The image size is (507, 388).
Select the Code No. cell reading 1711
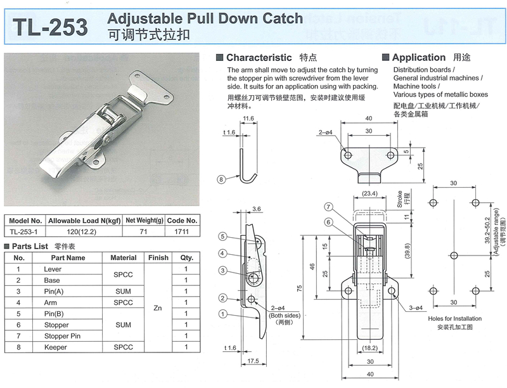click(x=183, y=231)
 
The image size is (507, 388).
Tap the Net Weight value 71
click(x=144, y=231)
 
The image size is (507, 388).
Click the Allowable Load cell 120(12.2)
click(x=84, y=231)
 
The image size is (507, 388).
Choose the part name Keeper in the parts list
click(x=55, y=347)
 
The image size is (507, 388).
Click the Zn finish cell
click(x=158, y=309)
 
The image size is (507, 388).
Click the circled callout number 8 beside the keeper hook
click(x=221, y=179)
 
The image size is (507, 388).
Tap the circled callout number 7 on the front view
click(x=328, y=207)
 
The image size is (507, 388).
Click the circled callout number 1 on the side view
click(x=223, y=314)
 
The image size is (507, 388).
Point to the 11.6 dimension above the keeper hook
click(x=247, y=119)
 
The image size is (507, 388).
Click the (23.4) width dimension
click(x=370, y=194)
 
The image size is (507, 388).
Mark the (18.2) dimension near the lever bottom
click(x=370, y=348)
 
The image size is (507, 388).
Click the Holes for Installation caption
click(x=455, y=318)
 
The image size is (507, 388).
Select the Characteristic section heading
click(x=259, y=57)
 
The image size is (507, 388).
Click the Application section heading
click(x=418, y=57)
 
